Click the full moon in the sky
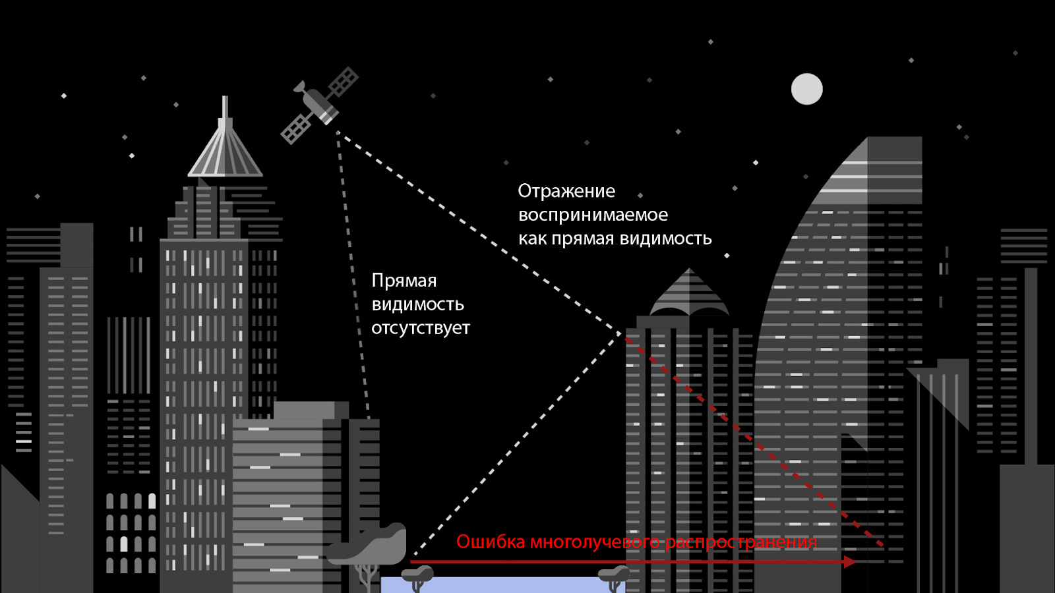tap(806, 89)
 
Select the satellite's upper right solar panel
tap(344, 83)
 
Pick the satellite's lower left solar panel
tap(296, 128)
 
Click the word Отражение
tap(566, 191)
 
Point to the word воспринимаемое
tap(593, 215)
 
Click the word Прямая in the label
tap(404, 281)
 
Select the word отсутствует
tap(421, 328)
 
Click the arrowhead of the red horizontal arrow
tap(850, 562)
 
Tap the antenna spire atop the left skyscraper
tap(226, 109)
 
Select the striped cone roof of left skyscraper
tap(225, 155)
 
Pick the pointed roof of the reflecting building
tap(689, 293)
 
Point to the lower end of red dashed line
tap(882, 545)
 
